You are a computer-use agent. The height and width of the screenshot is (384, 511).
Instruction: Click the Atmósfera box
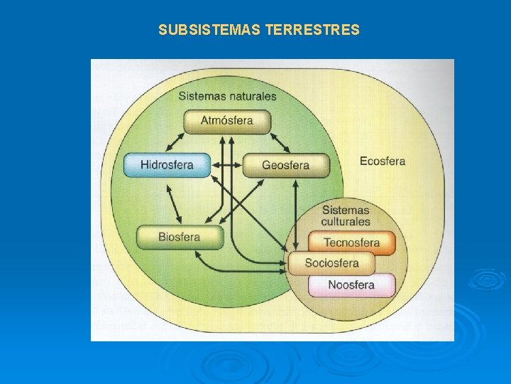point(226,121)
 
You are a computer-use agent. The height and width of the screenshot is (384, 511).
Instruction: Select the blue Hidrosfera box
point(167,165)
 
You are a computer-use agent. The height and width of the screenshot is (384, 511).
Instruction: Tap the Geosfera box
point(286,165)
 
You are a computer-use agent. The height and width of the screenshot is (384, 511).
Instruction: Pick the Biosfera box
point(179,237)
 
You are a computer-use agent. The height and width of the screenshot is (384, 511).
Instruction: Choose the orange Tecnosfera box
point(351,242)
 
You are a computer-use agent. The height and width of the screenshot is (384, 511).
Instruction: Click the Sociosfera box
point(331,263)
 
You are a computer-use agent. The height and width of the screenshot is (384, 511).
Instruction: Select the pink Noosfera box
point(351,285)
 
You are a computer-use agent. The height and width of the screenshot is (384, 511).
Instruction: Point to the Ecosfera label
point(382,161)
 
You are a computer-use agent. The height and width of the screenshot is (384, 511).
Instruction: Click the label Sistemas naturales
point(227,96)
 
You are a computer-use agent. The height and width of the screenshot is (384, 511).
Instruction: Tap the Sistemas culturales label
point(346,215)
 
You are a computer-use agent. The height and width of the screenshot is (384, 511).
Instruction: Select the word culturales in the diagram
point(346,221)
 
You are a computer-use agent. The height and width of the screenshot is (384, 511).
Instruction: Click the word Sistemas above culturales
point(346,210)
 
